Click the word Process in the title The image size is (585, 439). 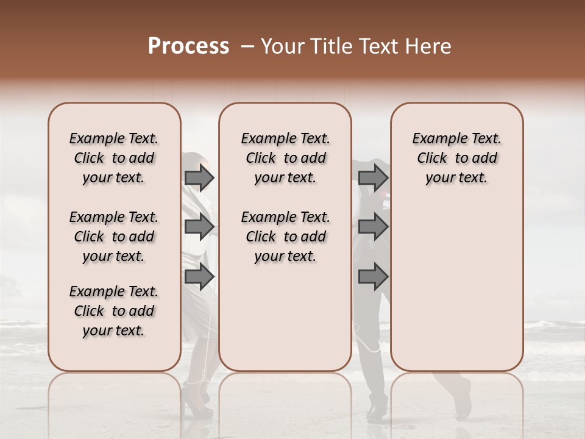188,46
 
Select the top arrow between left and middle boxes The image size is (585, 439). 199,178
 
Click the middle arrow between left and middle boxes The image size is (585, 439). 199,227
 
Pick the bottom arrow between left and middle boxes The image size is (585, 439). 199,277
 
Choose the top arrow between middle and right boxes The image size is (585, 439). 373,178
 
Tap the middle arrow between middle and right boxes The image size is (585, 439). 373,227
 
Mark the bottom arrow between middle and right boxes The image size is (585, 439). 373,277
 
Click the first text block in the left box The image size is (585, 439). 114,158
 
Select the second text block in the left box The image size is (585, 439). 114,237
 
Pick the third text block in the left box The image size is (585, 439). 114,311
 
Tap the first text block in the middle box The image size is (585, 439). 285,158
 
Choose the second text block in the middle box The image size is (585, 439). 285,237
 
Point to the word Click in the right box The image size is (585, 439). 432,158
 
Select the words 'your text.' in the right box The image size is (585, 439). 456,178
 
